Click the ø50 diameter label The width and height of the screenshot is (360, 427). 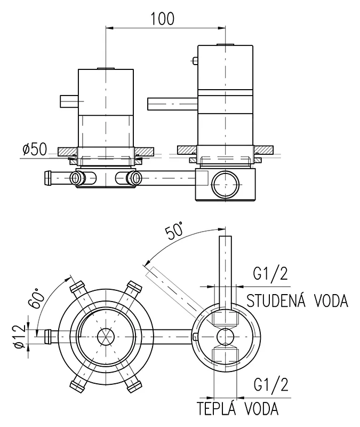tap(35, 149)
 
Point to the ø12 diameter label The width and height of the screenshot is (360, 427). tap(20, 337)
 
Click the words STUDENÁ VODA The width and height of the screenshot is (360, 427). tap(297, 301)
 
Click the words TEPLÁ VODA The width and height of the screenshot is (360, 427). tap(238, 409)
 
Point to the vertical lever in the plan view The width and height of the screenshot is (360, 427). tap(226, 267)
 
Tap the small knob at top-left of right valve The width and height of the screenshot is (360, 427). tap(195, 61)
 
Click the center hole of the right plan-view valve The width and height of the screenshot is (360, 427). tap(225, 336)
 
